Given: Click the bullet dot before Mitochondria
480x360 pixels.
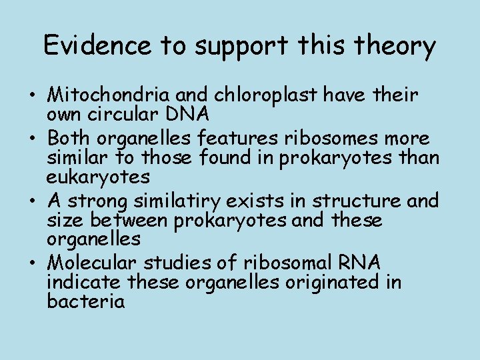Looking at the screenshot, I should tap(32, 96).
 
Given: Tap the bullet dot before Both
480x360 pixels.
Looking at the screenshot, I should tap(32, 139).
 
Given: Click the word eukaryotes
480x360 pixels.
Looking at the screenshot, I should tap(98, 177).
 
